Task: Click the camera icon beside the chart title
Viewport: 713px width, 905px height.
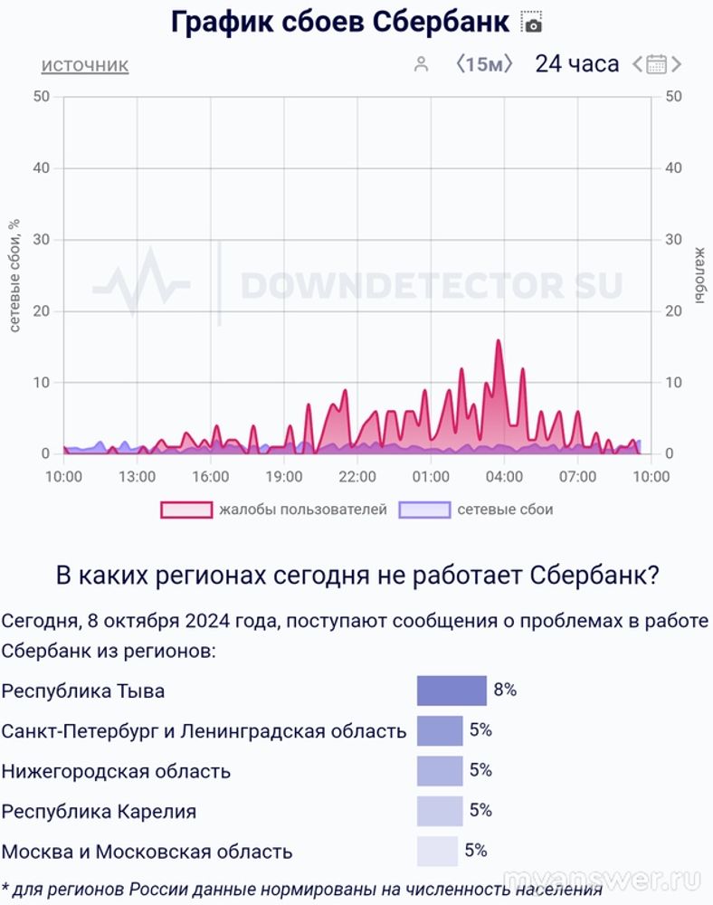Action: click(532, 23)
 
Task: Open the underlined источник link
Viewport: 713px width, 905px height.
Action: click(85, 65)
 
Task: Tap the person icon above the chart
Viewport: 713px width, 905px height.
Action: click(420, 64)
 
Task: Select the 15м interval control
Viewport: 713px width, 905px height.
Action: click(484, 64)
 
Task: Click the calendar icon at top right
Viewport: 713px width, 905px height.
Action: click(657, 64)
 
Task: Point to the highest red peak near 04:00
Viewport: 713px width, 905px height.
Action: click(498, 341)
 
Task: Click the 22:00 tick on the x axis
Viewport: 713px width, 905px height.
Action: click(357, 476)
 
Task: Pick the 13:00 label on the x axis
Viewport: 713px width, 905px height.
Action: click(137, 476)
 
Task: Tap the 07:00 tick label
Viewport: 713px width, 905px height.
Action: click(577, 476)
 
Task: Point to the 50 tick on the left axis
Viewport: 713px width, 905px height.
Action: click(41, 97)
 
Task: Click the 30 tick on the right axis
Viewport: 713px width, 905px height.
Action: click(672, 240)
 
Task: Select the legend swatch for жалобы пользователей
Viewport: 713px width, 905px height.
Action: click(185, 510)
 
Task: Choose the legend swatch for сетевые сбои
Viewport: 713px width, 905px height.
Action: click(424, 510)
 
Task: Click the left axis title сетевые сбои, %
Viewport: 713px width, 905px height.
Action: click(14, 274)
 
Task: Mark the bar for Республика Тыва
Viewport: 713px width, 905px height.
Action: click(452, 691)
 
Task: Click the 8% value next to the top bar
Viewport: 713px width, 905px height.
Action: click(505, 691)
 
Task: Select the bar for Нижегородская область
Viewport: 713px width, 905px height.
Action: click(440, 771)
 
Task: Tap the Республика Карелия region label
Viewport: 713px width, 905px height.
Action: click(99, 812)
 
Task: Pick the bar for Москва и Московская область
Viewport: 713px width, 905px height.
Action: click(437, 852)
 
